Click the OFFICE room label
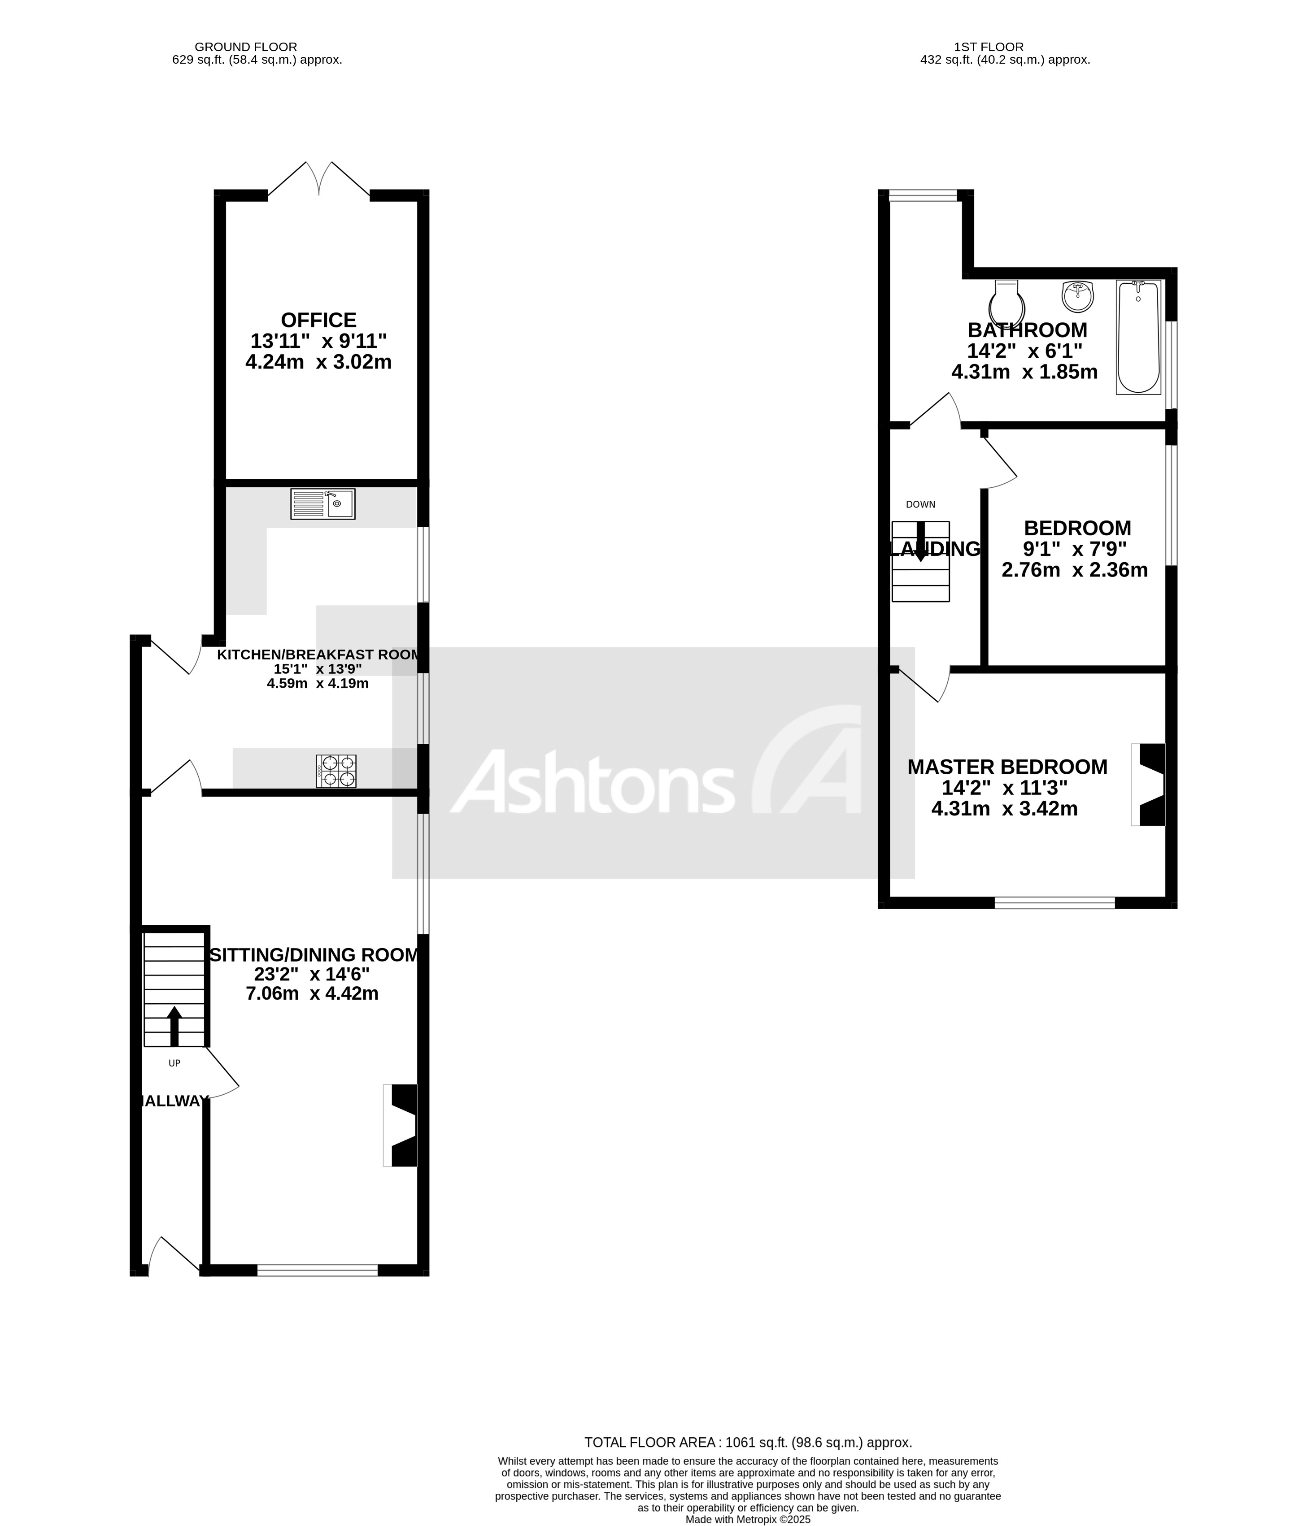point(318,321)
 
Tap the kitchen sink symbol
point(322,504)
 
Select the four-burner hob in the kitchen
point(336,771)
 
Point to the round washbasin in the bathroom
point(1077,296)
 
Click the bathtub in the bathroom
point(1138,337)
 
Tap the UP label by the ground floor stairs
point(174,1063)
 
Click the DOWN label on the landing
point(920,504)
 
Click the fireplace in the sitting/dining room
point(401,1125)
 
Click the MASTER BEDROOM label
point(1007,767)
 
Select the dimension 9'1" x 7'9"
point(1075,549)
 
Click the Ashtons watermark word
point(593,782)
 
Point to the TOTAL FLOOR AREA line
point(748,1443)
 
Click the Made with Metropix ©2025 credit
point(748,1519)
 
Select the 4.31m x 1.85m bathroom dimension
point(1024,372)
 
